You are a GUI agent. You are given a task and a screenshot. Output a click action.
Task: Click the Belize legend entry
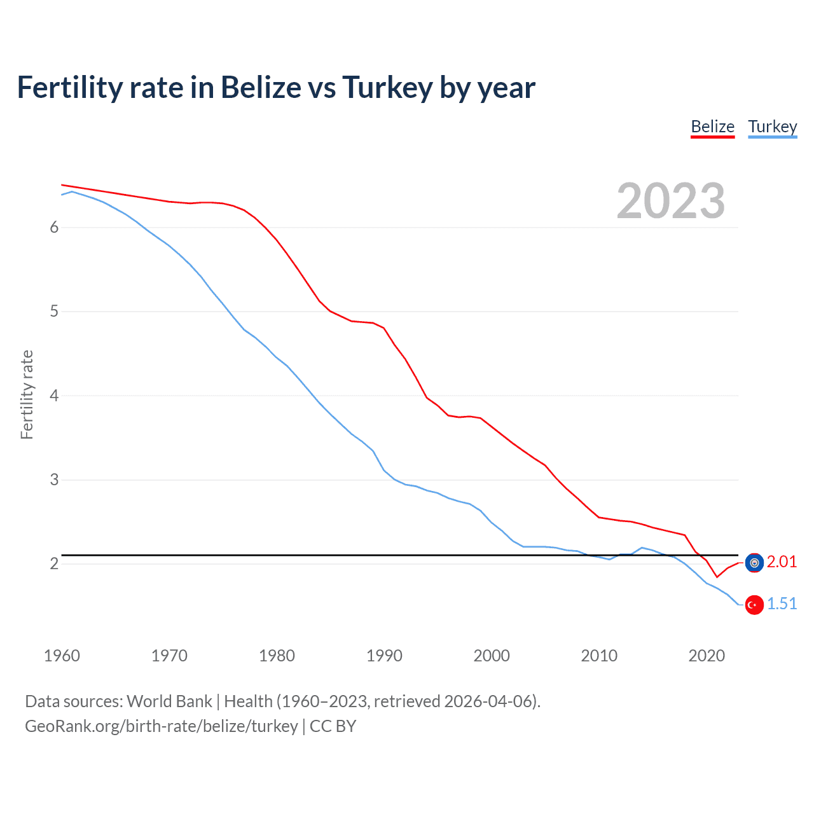pos(712,127)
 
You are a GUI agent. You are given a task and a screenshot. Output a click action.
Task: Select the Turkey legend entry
pos(772,127)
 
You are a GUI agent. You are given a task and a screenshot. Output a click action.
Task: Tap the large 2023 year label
pos(670,201)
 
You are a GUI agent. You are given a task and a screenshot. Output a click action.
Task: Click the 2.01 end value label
pos(782,562)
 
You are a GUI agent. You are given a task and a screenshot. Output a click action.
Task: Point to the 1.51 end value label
pos(782,604)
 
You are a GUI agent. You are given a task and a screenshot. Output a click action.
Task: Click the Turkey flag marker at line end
pos(754,605)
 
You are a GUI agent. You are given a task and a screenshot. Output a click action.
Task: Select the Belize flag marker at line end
pos(754,563)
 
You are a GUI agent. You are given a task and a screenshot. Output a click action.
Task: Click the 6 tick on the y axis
pos(54,228)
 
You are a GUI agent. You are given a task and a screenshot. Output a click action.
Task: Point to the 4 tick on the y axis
pos(54,396)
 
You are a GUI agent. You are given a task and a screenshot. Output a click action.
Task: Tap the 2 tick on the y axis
pos(54,564)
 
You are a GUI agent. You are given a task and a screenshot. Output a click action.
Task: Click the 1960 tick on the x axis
pos(62,656)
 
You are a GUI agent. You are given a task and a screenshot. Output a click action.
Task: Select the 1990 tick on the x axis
pos(384,656)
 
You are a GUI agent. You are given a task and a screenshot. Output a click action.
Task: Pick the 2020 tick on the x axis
pos(707,656)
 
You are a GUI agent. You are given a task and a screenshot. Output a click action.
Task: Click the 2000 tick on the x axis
pos(492,656)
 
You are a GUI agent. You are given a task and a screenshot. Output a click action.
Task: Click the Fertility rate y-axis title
pos(27,394)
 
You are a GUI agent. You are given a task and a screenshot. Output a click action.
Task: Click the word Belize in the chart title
pos(261,87)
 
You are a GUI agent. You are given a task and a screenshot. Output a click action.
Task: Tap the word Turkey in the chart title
pos(387,87)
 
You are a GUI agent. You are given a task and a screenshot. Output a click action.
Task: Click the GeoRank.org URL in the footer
pos(161,726)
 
